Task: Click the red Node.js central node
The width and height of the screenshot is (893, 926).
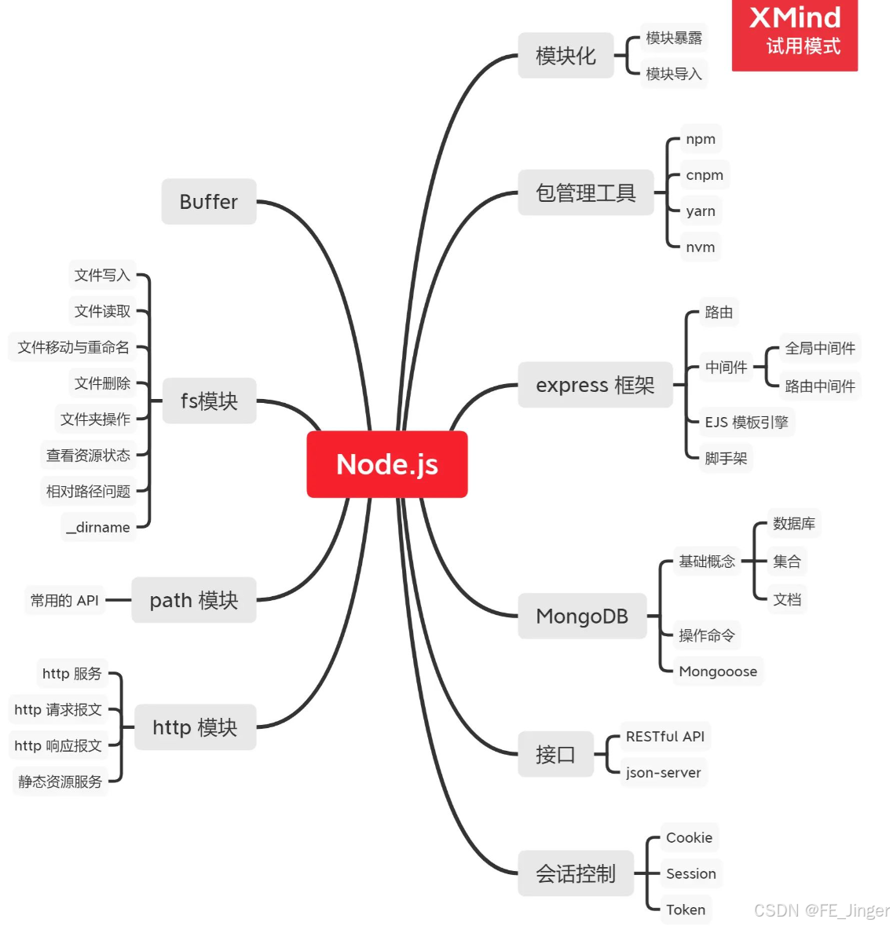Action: pyautogui.click(x=387, y=464)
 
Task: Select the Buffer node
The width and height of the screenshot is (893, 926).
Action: pyautogui.click(x=209, y=202)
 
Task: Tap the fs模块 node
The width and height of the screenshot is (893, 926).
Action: pyautogui.click(x=209, y=401)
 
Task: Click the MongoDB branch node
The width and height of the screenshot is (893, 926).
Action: pyautogui.click(x=582, y=617)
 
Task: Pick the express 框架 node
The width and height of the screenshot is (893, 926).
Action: pyautogui.click(x=595, y=385)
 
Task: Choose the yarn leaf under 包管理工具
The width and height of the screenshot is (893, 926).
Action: pyautogui.click(x=701, y=211)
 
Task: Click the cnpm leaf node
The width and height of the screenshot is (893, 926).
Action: pyautogui.click(x=705, y=175)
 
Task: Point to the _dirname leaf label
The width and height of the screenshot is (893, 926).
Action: pyautogui.click(x=99, y=527)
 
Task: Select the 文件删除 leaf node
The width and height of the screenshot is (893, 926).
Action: pyautogui.click(x=102, y=383)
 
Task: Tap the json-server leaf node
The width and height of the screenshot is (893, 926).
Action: pyautogui.click(x=664, y=773)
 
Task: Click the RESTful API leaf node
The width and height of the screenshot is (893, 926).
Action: pyautogui.click(x=665, y=737)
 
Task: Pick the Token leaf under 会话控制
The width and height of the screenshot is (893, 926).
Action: pyautogui.click(x=686, y=910)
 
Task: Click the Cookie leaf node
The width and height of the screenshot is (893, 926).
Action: pyautogui.click(x=689, y=837)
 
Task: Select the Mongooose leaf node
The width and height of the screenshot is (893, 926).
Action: pyautogui.click(x=718, y=672)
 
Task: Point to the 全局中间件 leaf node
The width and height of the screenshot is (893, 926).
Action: pyautogui.click(x=820, y=348)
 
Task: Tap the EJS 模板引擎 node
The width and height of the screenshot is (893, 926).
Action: pyautogui.click(x=746, y=423)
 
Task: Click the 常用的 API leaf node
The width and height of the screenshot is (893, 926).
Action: pyautogui.click(x=64, y=601)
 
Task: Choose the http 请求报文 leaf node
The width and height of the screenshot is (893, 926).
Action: pyautogui.click(x=58, y=710)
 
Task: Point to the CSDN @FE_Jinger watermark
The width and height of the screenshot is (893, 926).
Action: pyautogui.click(x=822, y=910)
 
